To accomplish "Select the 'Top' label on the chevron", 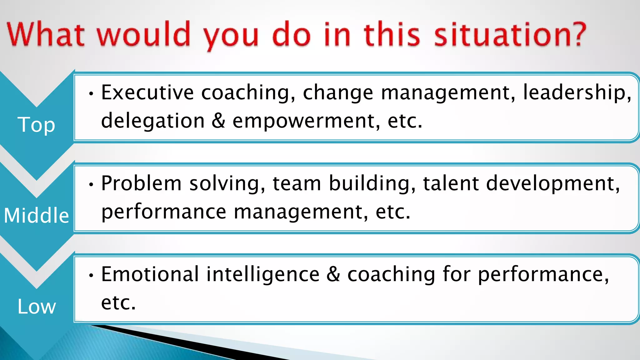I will [x=36, y=125].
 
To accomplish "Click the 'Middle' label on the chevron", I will [x=36, y=215].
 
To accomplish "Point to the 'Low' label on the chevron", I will [x=37, y=306].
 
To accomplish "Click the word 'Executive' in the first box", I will [x=147, y=92].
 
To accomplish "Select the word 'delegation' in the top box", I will [x=153, y=121].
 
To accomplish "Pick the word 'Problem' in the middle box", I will [x=141, y=183].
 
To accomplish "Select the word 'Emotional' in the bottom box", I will [x=150, y=274].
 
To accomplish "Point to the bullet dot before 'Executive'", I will [x=91, y=93].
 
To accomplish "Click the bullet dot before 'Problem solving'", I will [x=91, y=184].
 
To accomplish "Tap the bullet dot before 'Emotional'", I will [x=91, y=275].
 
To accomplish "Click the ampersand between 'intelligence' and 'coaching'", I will [x=333, y=274].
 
